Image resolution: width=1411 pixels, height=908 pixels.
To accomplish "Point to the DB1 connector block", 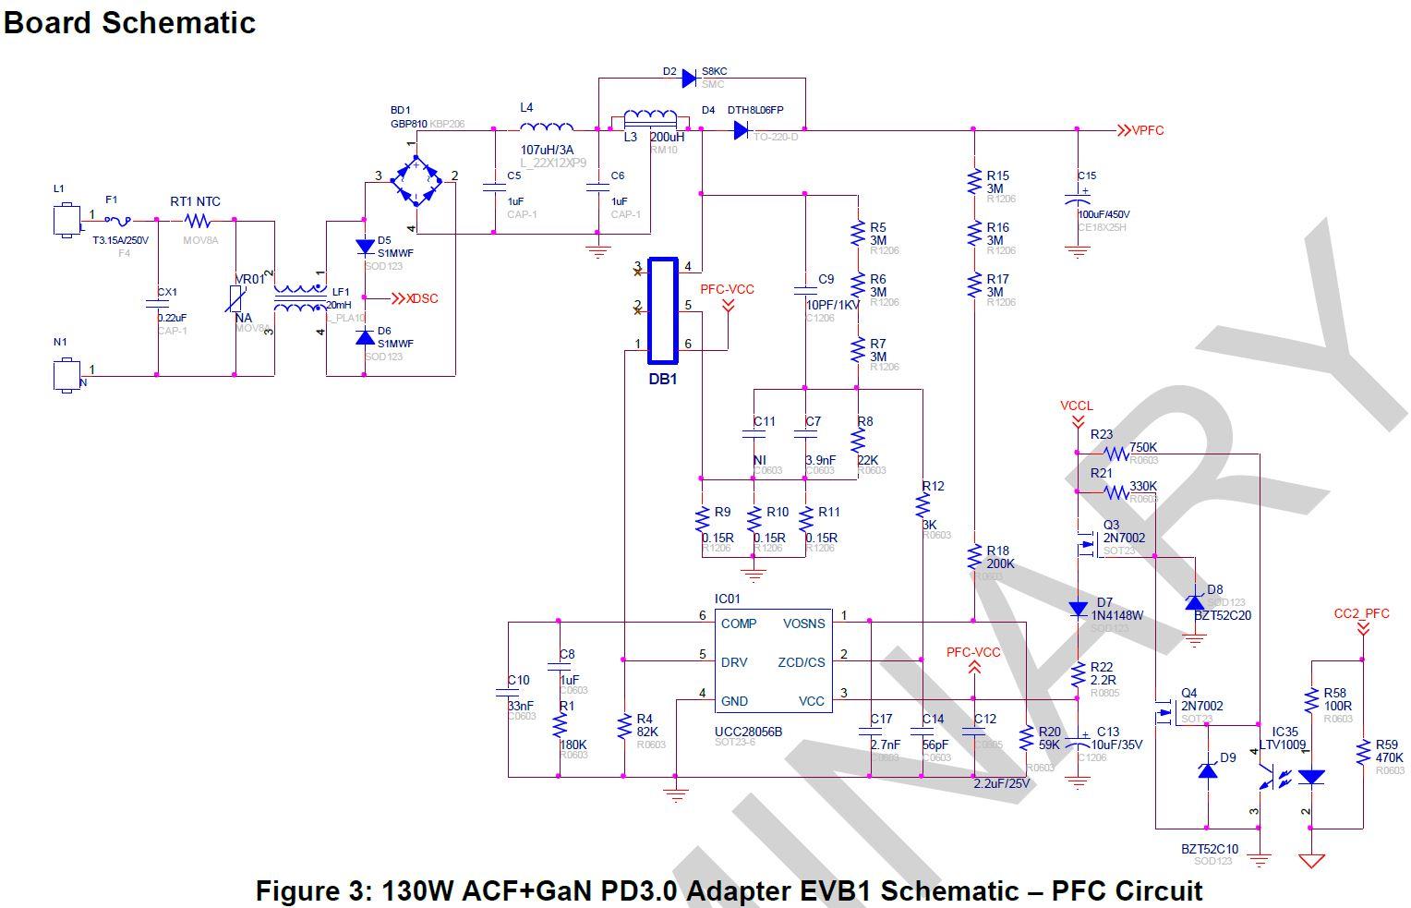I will point(662,311).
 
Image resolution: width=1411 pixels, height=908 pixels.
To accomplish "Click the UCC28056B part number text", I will point(748,732).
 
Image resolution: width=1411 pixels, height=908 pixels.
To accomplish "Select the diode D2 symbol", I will point(689,79).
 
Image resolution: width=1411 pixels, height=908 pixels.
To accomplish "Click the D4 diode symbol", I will point(741,131).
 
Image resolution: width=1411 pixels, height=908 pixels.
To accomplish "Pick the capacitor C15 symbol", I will point(1077,200).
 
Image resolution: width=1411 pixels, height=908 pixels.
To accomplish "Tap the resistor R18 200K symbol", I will point(973,556).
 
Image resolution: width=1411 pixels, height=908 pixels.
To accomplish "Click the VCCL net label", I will point(1077,406).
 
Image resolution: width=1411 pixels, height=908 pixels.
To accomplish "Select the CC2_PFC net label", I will point(1361,613).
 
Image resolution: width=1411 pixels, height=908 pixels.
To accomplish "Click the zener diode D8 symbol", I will point(1195,601).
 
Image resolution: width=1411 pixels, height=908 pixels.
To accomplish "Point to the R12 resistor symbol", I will point(922,505).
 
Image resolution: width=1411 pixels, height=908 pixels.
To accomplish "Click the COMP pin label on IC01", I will point(739,623).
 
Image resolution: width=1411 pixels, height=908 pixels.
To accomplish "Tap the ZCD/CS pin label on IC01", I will point(801,662).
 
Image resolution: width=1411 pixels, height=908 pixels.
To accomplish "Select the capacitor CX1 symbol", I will point(157,303).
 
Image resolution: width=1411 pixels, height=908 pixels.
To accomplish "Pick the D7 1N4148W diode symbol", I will point(1077,610).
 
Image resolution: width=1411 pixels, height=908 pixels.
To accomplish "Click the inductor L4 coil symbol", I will point(545,127).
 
